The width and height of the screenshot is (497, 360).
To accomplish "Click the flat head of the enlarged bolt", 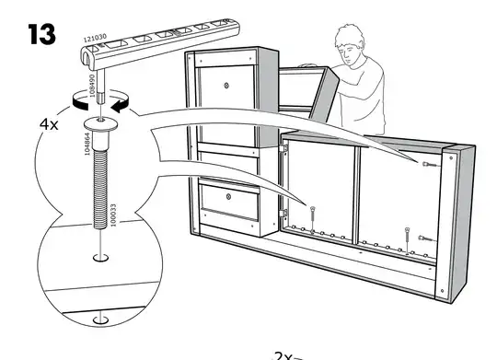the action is [99, 124].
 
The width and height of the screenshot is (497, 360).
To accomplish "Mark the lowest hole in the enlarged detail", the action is [99, 320].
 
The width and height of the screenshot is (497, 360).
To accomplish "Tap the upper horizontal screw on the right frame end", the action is [428, 164].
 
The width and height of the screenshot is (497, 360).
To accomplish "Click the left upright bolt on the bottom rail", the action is [313, 214].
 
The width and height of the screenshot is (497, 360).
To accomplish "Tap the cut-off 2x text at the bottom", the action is [287, 354].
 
